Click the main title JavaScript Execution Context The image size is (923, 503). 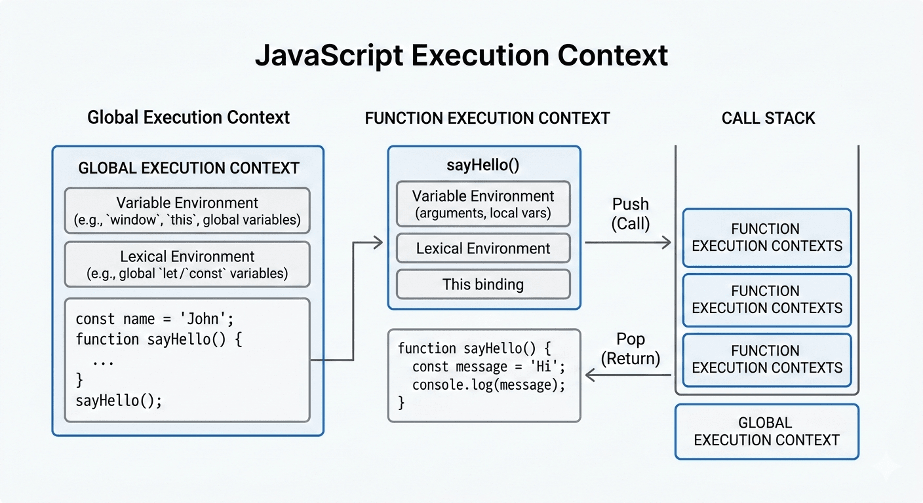coord(461,56)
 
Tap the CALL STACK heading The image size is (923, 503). coord(768,119)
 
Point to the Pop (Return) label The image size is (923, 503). coord(630,348)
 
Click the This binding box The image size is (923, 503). coord(483,284)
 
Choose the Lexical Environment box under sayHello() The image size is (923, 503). coord(483,249)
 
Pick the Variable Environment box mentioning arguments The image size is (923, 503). coord(483,204)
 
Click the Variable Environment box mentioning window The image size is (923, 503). coord(187,211)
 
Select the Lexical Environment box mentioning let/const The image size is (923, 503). coord(187,264)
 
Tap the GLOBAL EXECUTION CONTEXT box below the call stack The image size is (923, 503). coord(766,432)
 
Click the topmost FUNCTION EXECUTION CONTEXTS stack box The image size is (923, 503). coord(766,238)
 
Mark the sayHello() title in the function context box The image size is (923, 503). coord(483,165)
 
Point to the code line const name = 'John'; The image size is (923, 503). coord(155,320)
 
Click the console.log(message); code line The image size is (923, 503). coord(488,385)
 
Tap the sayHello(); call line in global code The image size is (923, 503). coord(119,400)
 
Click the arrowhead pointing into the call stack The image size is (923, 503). coord(667,243)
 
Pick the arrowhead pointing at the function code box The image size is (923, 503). coord(590,375)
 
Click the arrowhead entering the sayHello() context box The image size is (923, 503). coord(378,243)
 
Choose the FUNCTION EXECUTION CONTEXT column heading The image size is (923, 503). coord(487,119)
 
